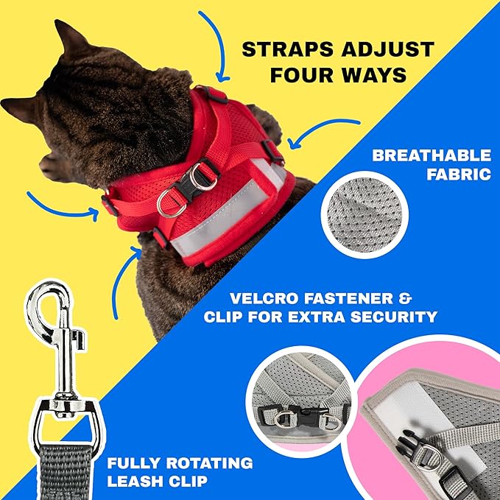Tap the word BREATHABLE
click(x=431, y=155)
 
